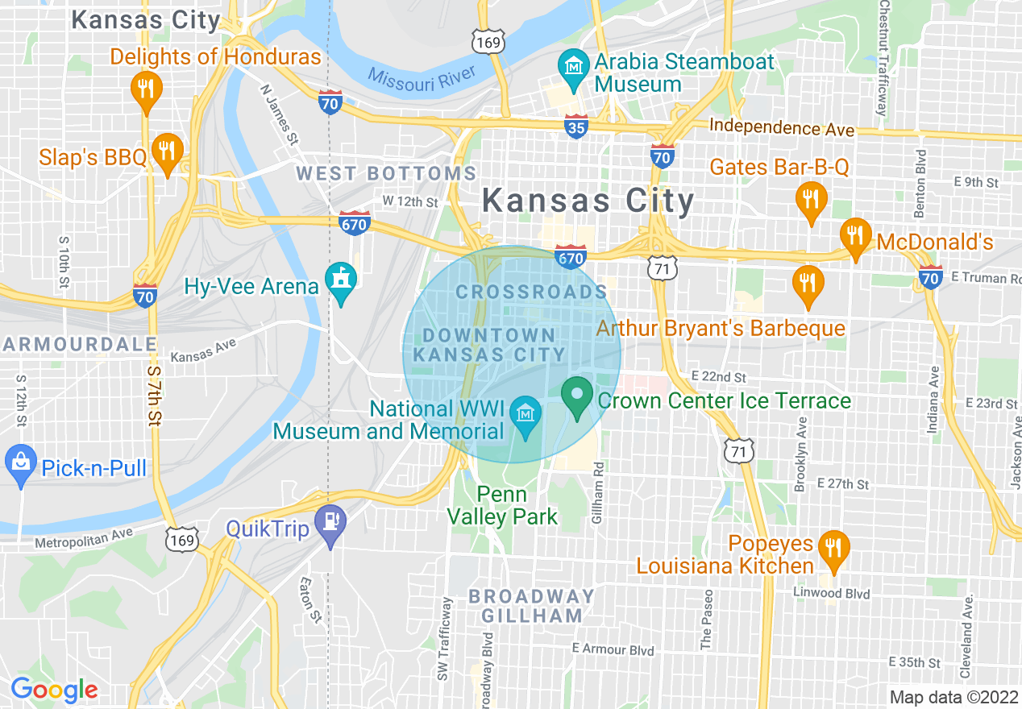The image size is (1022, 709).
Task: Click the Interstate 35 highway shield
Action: pyautogui.click(x=575, y=126)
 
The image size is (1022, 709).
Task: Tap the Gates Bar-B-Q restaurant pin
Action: pyautogui.click(x=808, y=197)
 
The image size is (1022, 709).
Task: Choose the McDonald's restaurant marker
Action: pyautogui.click(x=854, y=235)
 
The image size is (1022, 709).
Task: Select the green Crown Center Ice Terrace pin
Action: pyautogui.click(x=576, y=395)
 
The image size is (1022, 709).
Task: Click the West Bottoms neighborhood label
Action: pyautogui.click(x=387, y=173)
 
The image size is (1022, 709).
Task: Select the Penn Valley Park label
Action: pyautogui.click(x=502, y=505)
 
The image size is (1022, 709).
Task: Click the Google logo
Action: pyautogui.click(x=53, y=690)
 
